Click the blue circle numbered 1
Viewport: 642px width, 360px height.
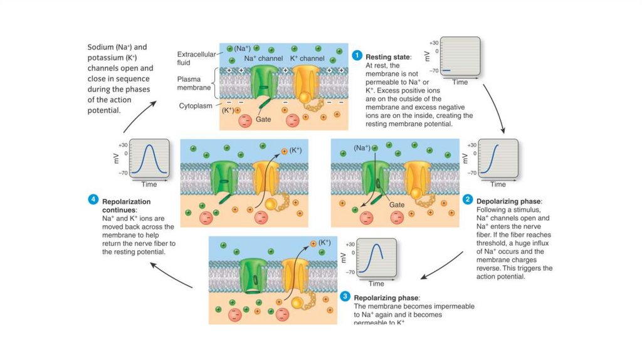pos(357,55)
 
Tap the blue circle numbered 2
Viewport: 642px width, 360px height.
pos(468,200)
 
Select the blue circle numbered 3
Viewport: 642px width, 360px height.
pos(345,297)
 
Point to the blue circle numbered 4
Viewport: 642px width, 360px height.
pos(93,200)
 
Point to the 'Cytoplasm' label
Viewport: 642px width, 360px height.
pos(197,106)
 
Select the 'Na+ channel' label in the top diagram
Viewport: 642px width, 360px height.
pos(263,58)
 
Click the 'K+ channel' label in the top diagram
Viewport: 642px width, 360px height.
pos(307,58)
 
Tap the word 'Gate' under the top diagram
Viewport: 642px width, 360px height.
pos(263,119)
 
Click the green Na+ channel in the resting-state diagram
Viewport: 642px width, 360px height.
pos(264,85)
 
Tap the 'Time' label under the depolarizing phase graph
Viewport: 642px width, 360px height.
pos(498,184)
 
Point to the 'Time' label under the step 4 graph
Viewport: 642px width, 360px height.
pos(149,184)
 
